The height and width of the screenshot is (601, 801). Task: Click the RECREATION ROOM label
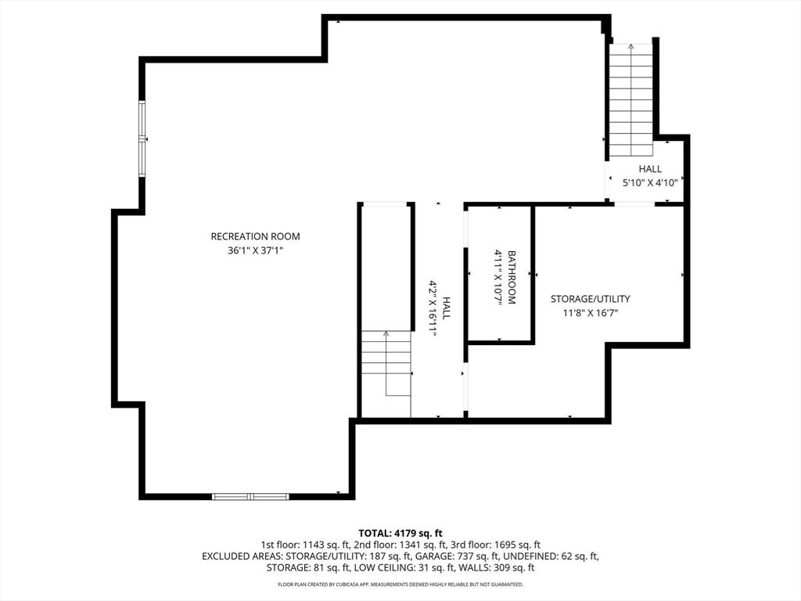pyautogui.click(x=255, y=236)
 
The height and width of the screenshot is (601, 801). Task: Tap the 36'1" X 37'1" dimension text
pyautogui.click(x=255, y=251)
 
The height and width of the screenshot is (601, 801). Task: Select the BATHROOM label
pyautogui.click(x=512, y=277)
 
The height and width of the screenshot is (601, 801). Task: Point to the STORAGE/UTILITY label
pyautogui.click(x=590, y=299)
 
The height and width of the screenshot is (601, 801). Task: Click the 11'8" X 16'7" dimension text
pyautogui.click(x=590, y=313)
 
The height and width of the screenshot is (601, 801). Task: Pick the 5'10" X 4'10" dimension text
pyautogui.click(x=649, y=183)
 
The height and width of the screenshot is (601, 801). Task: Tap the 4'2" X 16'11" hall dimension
pyautogui.click(x=432, y=308)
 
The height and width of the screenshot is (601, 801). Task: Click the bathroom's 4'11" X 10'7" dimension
pyautogui.click(x=497, y=277)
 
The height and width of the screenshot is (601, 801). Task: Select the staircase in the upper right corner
pyautogui.click(x=630, y=99)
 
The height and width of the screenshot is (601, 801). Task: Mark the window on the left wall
pyautogui.click(x=142, y=139)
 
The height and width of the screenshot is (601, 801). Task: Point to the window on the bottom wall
pyautogui.click(x=250, y=496)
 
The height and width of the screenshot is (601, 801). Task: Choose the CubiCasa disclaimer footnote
pyautogui.click(x=400, y=585)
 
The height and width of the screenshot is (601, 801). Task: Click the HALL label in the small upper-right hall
pyautogui.click(x=649, y=169)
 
